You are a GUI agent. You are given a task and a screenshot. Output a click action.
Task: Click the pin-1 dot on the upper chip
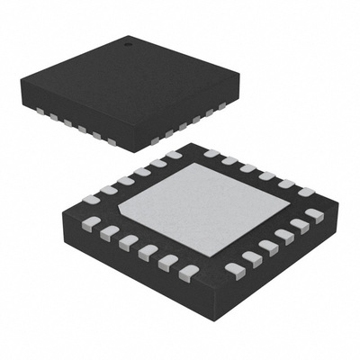point(127,42)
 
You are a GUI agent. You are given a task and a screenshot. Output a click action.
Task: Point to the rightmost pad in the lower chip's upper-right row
point(306,192)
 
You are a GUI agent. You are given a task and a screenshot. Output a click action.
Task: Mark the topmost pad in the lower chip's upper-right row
point(212,154)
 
